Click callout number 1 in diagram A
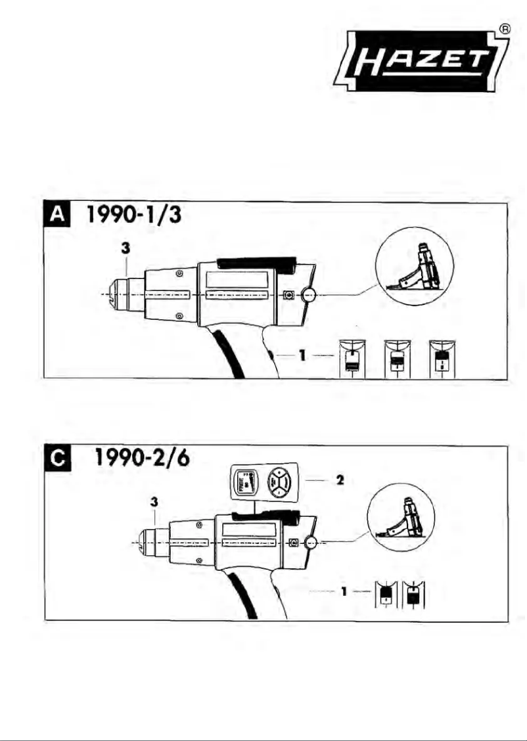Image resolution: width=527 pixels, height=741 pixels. pyautogui.click(x=303, y=355)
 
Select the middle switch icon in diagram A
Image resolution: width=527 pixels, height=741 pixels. pyautogui.click(x=396, y=358)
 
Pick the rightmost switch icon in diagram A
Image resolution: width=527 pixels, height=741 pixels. pyautogui.click(x=441, y=358)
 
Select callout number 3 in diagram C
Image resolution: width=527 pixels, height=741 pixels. pyautogui.click(x=154, y=501)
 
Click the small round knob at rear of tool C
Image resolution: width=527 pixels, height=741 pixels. pyautogui.click(x=311, y=543)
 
